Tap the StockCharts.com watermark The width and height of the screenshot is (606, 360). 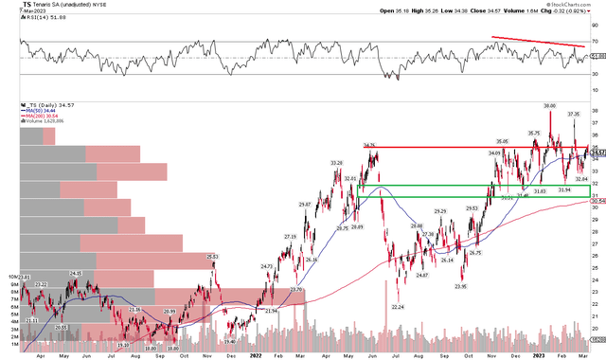pos(572,6)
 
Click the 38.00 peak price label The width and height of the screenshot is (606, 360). pos(548,104)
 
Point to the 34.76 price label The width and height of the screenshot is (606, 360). pos(369,145)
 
